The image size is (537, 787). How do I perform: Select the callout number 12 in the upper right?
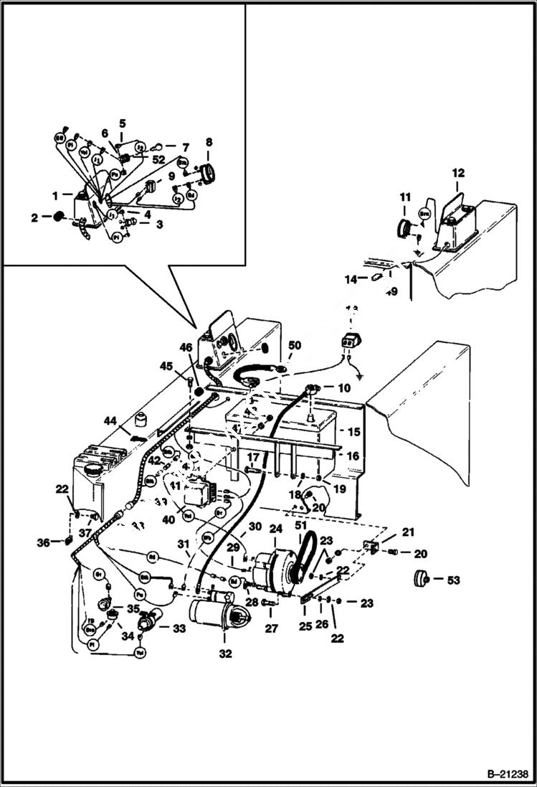[x=458, y=172]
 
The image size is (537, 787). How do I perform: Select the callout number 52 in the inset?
[x=158, y=159]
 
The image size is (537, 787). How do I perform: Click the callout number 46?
[x=186, y=347]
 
